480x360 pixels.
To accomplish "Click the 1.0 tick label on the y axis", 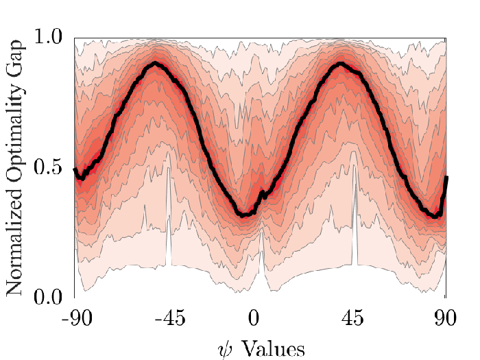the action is pos(48,37).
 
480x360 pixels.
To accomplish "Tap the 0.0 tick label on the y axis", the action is pos(48,296).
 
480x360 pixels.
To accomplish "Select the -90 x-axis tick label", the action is pos(77,318).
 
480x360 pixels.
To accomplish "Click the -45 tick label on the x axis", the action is pos(170,318).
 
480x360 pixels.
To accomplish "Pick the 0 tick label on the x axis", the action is pos(254,318).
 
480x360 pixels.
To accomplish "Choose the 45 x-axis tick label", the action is pos(352,318).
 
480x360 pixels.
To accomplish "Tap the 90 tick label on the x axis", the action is pos(445,318).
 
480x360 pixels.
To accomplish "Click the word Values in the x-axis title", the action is pos(274,349).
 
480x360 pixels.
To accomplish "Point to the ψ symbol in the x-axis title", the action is pos(226,350).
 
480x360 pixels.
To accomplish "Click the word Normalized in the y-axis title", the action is pos(14,242).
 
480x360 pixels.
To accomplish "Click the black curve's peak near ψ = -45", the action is pos(156,64).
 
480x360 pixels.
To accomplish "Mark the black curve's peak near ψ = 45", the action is pos(340,64).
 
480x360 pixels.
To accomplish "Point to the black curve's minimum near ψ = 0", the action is pos(243,215).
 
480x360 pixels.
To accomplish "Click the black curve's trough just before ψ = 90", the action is pos(435,216).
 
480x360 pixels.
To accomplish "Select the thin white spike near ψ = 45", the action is pos(355,214).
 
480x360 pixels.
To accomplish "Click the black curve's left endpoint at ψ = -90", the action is pos(75,169).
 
